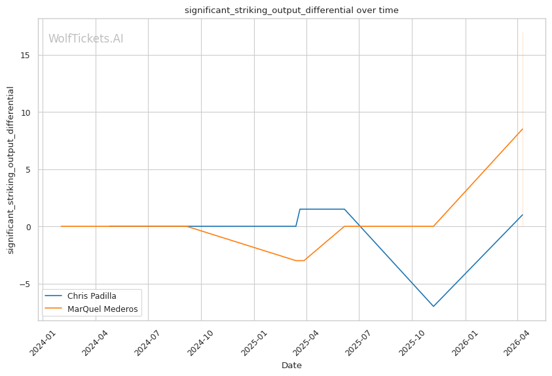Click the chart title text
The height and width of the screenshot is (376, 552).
point(291,10)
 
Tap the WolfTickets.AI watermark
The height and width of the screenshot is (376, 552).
point(86,39)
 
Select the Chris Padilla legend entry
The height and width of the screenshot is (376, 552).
point(92,296)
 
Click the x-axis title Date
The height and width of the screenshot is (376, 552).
point(291,366)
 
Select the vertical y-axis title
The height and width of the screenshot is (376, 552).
point(10,170)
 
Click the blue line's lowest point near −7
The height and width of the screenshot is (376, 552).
point(433,306)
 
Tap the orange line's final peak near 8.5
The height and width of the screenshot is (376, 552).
point(522,129)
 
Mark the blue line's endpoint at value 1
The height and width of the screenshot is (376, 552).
point(522,215)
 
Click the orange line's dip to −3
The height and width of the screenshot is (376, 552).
point(300,261)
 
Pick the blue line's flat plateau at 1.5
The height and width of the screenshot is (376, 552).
point(322,209)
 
